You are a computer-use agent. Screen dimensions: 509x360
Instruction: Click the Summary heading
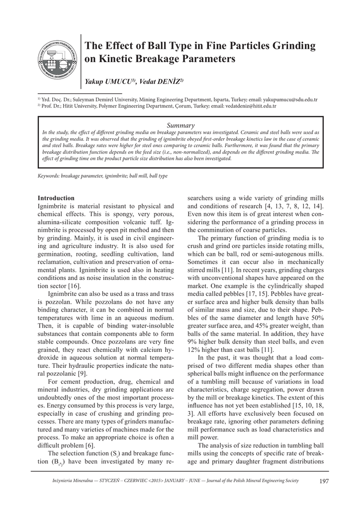click(180, 125)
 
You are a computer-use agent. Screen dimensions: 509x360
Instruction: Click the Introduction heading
click(56, 198)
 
